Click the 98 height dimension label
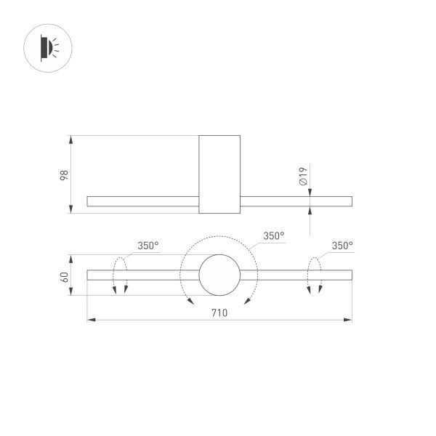tap(64, 174)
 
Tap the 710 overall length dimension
tap(219, 313)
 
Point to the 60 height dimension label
tap(64, 275)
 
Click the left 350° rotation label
tap(148, 246)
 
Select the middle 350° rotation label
tap(273, 236)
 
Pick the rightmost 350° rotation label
tap(342, 246)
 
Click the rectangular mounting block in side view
tap(219, 174)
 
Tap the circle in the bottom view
tap(219, 275)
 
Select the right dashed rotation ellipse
tap(314, 275)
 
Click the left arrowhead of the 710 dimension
tap(90, 320)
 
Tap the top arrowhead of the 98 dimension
tap(71, 138)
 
